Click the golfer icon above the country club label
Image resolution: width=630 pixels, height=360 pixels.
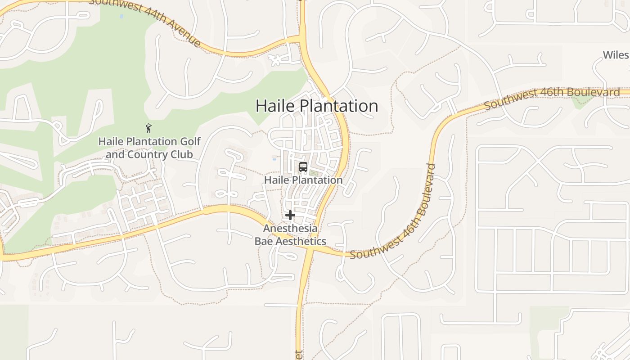click(x=148, y=128)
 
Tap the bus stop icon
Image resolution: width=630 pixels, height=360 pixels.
click(x=303, y=167)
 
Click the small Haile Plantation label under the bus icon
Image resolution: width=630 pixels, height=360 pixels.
click(x=303, y=180)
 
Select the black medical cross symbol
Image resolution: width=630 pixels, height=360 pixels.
click(x=290, y=215)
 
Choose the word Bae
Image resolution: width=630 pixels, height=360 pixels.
click(x=264, y=241)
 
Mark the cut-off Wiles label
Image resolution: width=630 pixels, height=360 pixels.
click(x=616, y=55)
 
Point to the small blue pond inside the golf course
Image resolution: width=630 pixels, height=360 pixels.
click(x=121, y=16)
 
